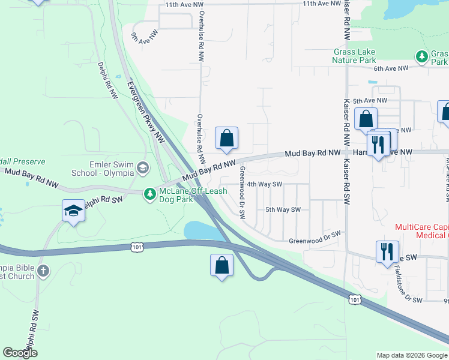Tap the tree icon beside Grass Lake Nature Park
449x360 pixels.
click(x=422, y=57)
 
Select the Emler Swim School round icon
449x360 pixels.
click(x=142, y=167)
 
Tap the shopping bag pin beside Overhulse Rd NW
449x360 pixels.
click(x=226, y=139)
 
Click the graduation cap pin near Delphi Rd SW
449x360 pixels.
click(x=74, y=211)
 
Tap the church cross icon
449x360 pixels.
click(x=43, y=271)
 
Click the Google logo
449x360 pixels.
click(x=19, y=353)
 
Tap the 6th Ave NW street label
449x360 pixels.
click(x=390, y=68)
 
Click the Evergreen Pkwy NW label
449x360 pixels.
click(x=145, y=112)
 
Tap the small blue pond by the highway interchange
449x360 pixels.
click(x=200, y=230)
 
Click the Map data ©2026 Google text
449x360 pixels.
click(x=411, y=355)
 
